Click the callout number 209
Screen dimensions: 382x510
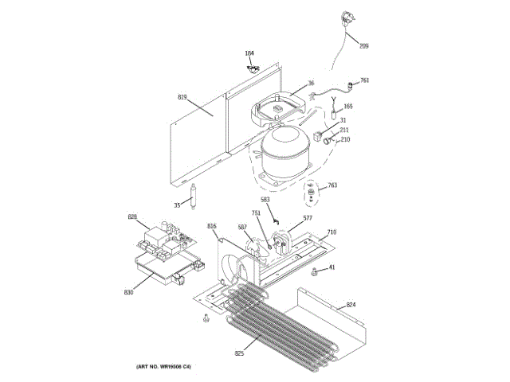pos(363,46)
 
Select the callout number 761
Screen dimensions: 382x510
pos(364,80)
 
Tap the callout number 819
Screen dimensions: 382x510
pos(182,97)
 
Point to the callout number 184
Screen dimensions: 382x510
pos(249,53)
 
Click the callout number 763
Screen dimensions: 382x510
pos(331,185)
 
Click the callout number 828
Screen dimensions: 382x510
pos(132,216)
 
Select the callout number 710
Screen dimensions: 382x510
pos(331,232)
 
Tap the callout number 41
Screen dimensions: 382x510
pos(331,267)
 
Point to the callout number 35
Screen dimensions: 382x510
pos(177,205)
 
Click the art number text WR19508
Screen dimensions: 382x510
pos(169,366)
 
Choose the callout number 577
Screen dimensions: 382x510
pos(307,217)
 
